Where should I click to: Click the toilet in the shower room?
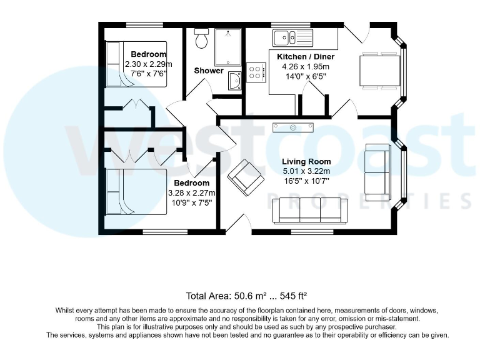[x=201, y=39]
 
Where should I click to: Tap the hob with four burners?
[x=256, y=71]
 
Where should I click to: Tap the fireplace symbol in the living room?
[x=292, y=128]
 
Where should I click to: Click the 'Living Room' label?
[x=306, y=161]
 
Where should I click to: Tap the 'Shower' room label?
[x=208, y=71]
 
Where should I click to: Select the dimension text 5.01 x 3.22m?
[x=306, y=171]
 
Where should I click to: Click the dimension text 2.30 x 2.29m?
[x=148, y=64]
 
